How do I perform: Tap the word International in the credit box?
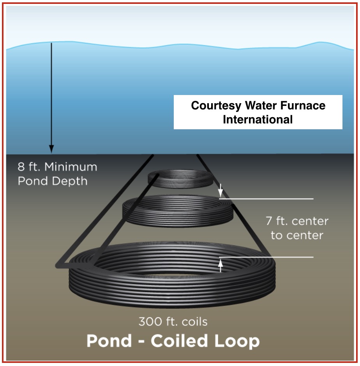[x=258, y=119]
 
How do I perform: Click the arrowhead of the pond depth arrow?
[x=51, y=149]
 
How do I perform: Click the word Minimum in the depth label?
[x=71, y=167]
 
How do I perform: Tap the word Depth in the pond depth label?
[x=70, y=181]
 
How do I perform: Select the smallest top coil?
[x=180, y=178]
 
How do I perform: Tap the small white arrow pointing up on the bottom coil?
[x=221, y=266]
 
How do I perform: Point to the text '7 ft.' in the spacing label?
[x=277, y=222]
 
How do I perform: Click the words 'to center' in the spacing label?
[x=297, y=236]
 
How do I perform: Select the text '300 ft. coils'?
[x=173, y=322]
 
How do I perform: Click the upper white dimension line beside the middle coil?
[x=273, y=199]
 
